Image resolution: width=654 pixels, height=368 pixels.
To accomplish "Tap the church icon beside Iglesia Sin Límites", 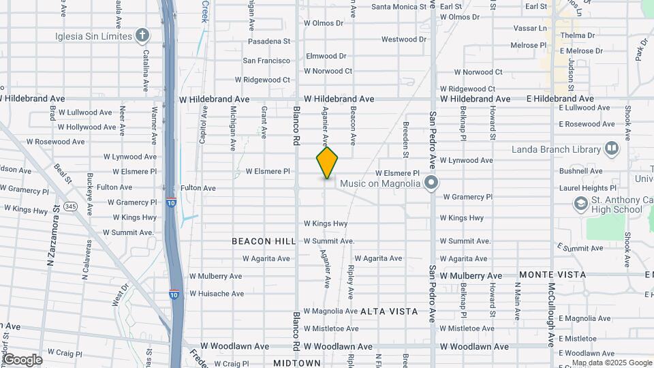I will click(142, 35).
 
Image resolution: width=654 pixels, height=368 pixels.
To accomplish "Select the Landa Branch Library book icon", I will click(612, 149).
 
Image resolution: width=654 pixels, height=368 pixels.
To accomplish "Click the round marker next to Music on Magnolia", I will click(431, 183).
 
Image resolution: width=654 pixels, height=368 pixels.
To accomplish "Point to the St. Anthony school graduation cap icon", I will click(580, 204).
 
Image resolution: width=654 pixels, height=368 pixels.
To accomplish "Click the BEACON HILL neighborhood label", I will click(264, 241).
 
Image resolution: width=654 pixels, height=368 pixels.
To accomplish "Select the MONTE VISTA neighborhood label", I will click(552, 275).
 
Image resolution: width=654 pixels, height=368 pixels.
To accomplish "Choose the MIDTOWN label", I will click(297, 363).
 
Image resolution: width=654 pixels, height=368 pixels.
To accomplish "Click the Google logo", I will click(22, 360).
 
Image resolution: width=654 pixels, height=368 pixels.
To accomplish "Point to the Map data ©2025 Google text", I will click(612, 363).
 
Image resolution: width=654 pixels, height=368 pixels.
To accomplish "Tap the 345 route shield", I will click(70, 206).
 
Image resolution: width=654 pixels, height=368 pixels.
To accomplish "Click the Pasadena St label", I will click(268, 42).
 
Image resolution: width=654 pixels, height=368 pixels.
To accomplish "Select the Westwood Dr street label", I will click(403, 40).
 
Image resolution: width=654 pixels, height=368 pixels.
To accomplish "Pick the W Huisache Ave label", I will click(217, 294).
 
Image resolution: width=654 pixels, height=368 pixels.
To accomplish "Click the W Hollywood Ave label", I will click(87, 127).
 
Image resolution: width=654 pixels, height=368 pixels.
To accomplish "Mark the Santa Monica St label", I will click(399, 7).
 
